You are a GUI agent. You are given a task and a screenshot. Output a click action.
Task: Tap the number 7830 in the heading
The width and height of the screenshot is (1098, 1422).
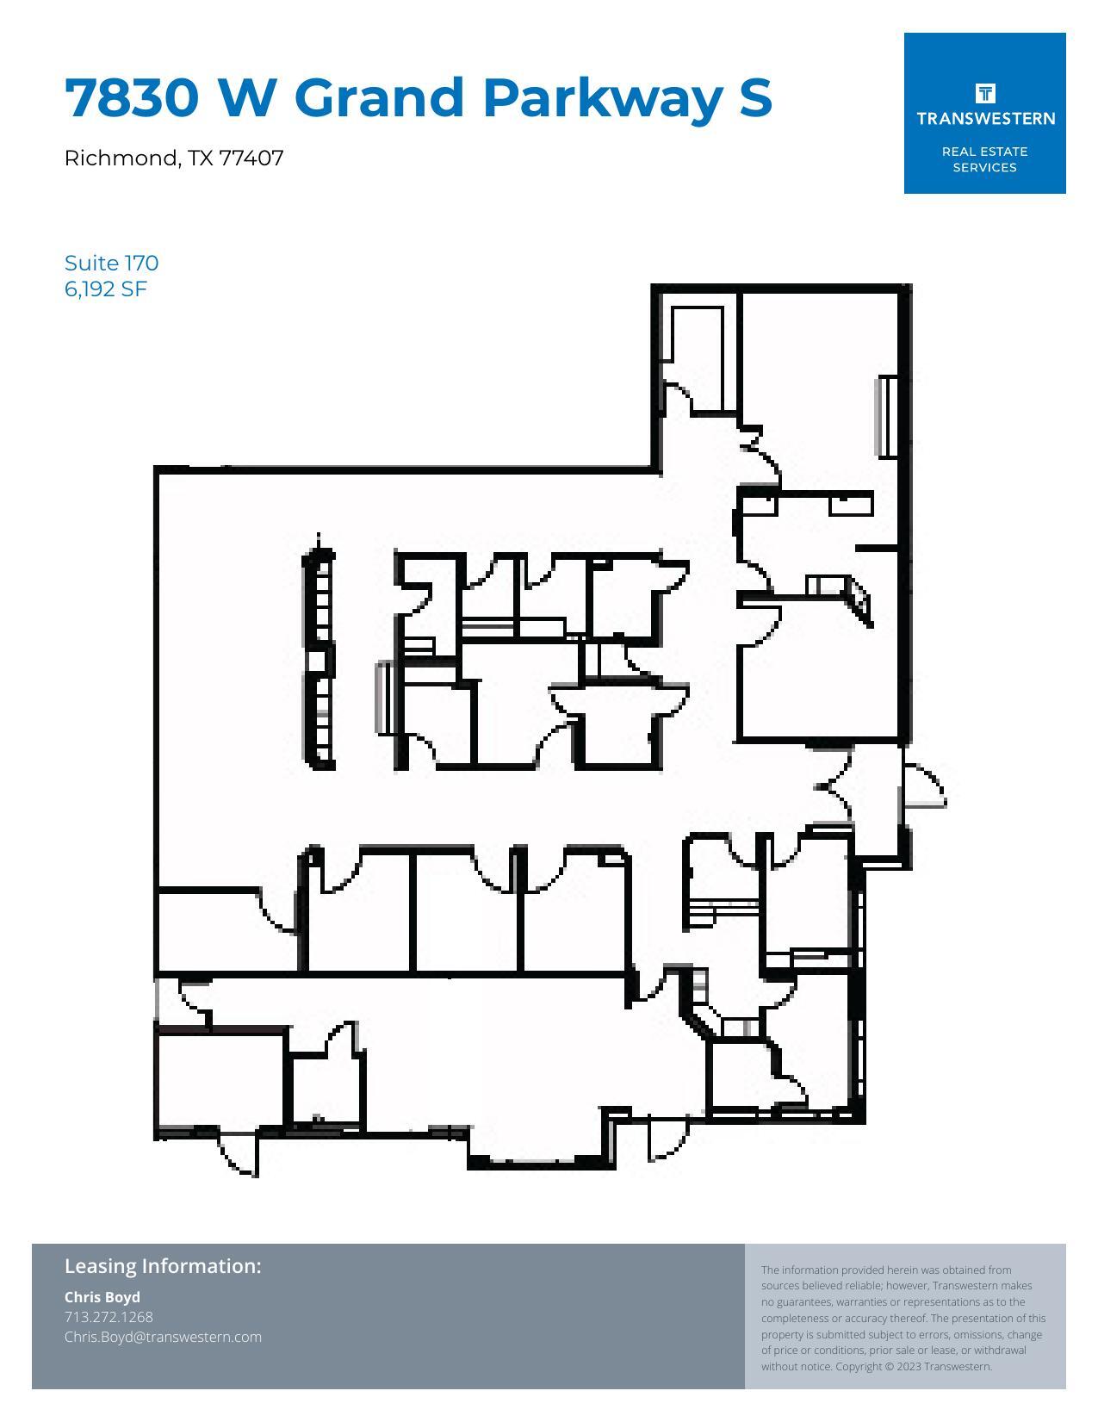(x=132, y=97)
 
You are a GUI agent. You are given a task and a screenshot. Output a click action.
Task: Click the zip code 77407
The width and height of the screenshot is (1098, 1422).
(x=251, y=158)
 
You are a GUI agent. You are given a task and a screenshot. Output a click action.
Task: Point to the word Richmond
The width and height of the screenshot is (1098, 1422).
(x=121, y=158)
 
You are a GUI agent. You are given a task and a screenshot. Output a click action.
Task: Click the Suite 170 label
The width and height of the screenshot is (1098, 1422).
(x=111, y=263)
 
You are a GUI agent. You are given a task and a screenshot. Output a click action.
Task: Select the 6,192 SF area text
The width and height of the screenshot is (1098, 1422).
(x=106, y=289)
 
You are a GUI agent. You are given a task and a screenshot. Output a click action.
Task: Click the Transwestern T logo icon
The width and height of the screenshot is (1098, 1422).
(x=984, y=92)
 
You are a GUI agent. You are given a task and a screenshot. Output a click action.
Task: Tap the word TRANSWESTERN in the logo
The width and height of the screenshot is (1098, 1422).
(x=985, y=118)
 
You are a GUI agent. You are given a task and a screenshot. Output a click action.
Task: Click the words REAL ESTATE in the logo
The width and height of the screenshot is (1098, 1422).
(x=984, y=152)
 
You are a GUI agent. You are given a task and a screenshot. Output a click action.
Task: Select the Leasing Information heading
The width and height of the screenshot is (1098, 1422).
(x=163, y=1266)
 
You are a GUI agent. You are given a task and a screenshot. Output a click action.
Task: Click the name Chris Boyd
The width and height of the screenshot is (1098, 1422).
(x=102, y=1297)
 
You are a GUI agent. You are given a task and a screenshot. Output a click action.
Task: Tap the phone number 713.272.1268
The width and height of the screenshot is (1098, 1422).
(x=109, y=1317)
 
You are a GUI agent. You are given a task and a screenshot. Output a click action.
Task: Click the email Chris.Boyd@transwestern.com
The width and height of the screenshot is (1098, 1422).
(x=163, y=1337)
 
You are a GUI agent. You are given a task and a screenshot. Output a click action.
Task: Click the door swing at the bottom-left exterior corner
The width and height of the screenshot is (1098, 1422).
(x=238, y=1154)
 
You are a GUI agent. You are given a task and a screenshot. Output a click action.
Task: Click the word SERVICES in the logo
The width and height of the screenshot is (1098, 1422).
(x=984, y=168)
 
